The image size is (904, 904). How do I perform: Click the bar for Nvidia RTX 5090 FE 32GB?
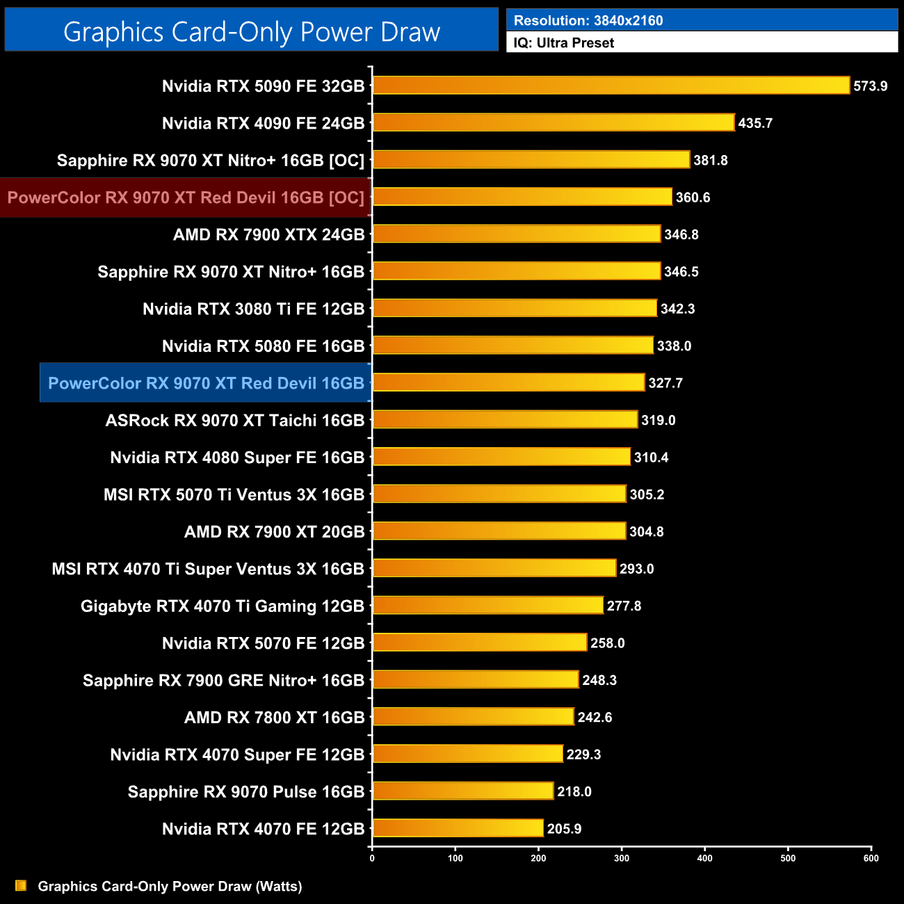pyautogui.click(x=611, y=86)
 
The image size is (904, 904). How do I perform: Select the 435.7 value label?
pyautogui.click(x=755, y=123)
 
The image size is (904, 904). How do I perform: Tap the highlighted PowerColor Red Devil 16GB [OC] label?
pyautogui.click(x=186, y=197)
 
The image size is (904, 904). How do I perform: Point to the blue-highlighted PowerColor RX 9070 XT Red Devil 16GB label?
pyautogui.click(x=206, y=383)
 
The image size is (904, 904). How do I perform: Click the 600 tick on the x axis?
pyautogui.click(x=871, y=858)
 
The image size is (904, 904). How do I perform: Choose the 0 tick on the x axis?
pyautogui.click(x=372, y=858)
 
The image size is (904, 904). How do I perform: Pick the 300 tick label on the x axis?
pyautogui.click(x=622, y=858)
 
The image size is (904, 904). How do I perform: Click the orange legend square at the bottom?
pyautogui.click(x=21, y=885)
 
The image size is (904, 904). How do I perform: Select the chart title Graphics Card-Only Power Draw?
pyautogui.click(x=252, y=32)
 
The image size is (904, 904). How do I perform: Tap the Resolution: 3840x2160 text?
pyautogui.click(x=588, y=21)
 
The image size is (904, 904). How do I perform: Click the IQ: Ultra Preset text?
pyautogui.click(x=564, y=43)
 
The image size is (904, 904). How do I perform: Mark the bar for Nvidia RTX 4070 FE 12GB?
pyautogui.click(x=458, y=828)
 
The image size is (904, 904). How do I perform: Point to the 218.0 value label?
pyautogui.click(x=574, y=791)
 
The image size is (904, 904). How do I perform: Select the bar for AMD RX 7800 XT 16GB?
pyautogui.click(x=473, y=717)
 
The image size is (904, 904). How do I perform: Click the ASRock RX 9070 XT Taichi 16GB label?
pyautogui.click(x=235, y=421)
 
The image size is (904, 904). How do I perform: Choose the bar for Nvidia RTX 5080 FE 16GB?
pyautogui.click(x=512, y=346)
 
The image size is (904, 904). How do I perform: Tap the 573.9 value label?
pyautogui.click(x=870, y=86)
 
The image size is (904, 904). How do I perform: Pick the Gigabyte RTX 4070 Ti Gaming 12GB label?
pyautogui.click(x=223, y=606)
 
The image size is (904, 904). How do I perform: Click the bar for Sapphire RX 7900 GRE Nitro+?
pyautogui.click(x=476, y=679)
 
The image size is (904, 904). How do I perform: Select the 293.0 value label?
pyautogui.click(x=636, y=569)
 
